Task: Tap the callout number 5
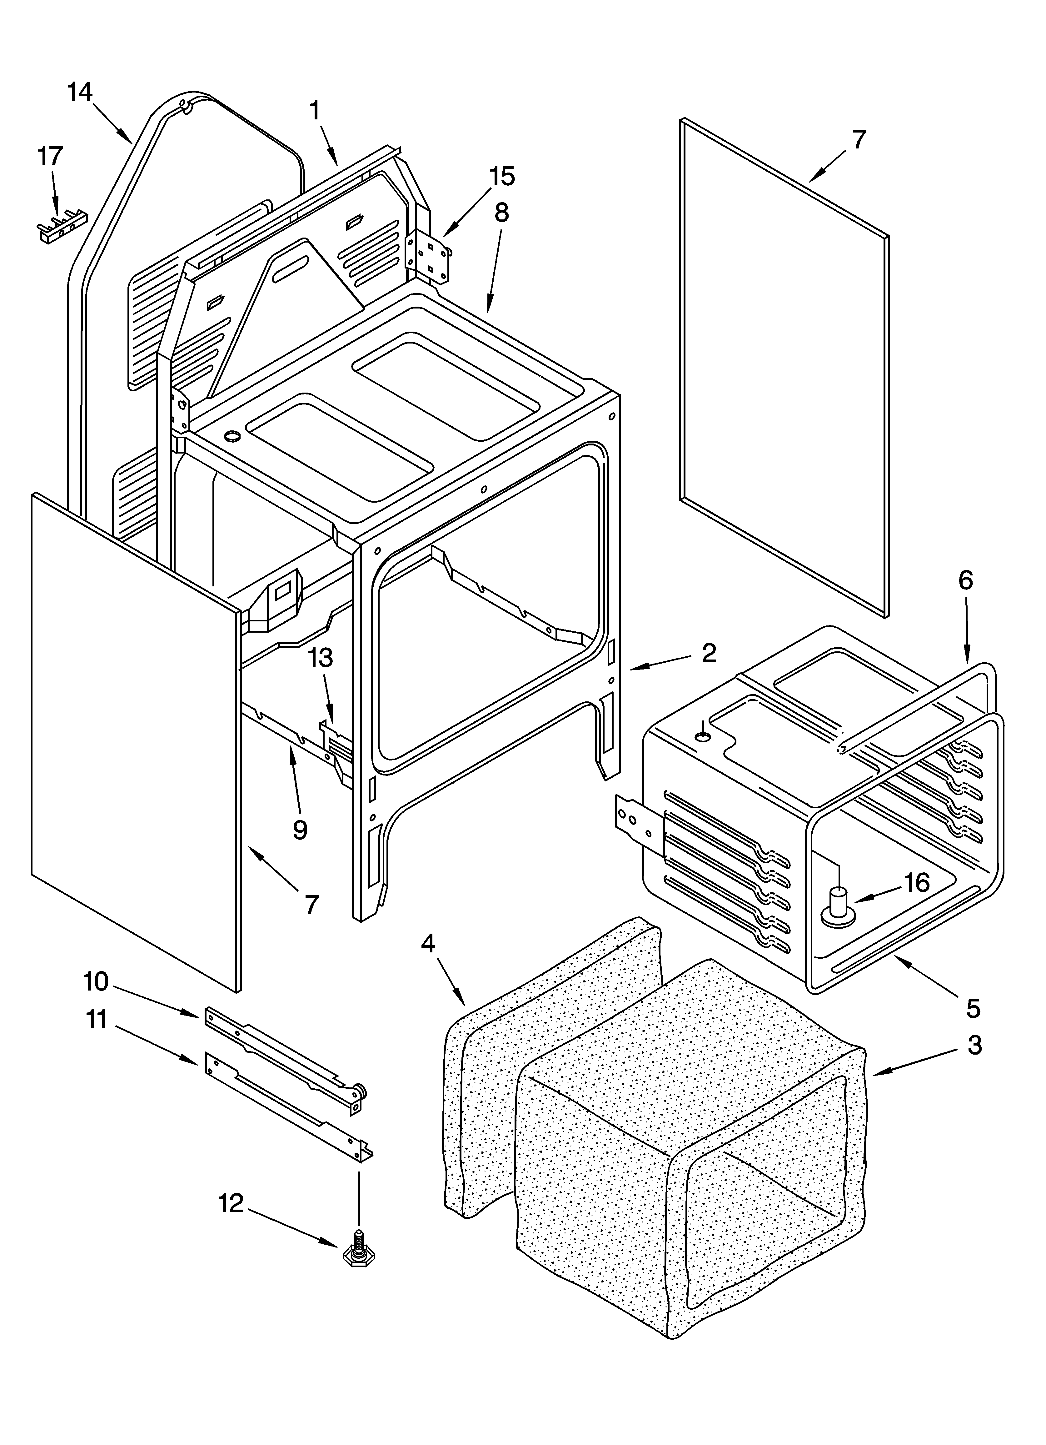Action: pos(973,1008)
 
